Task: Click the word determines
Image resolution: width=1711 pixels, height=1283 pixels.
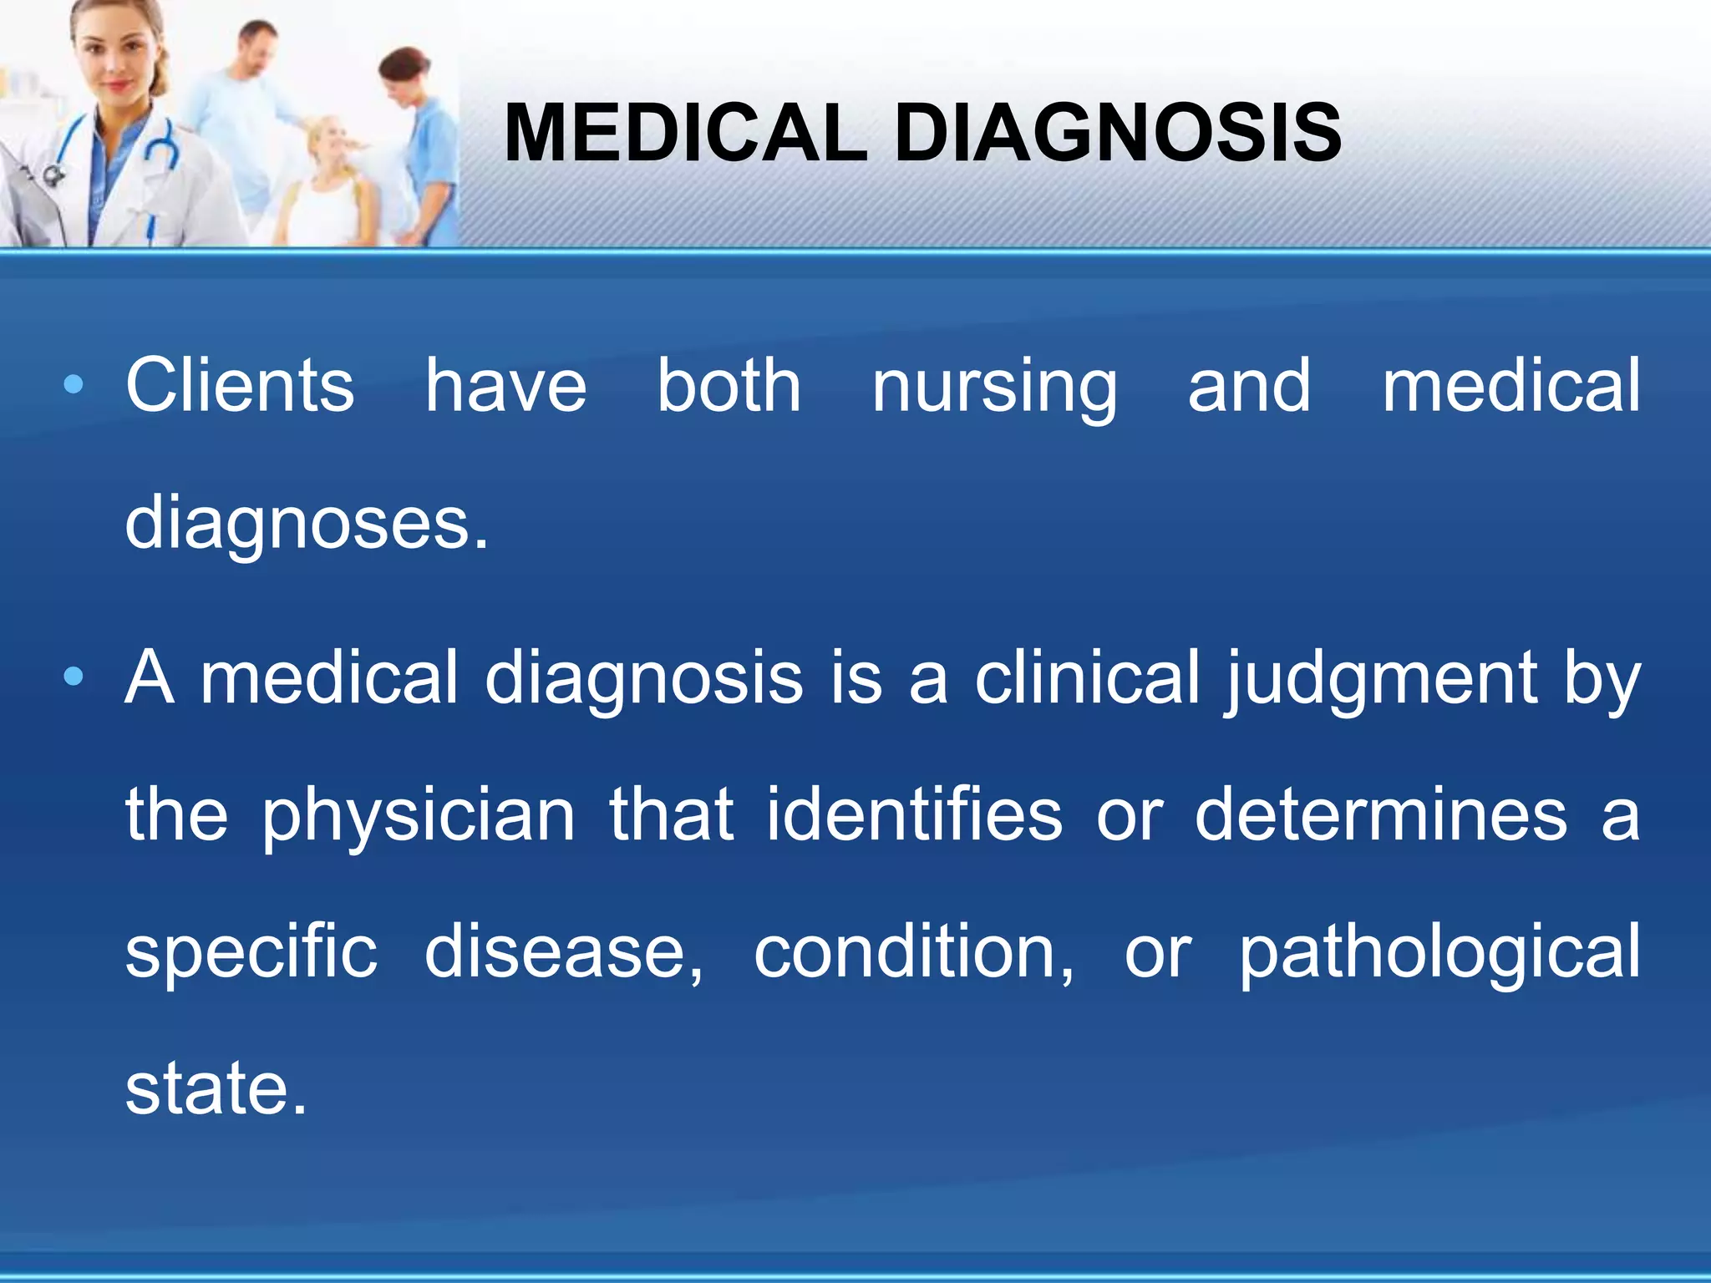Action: (x=1381, y=815)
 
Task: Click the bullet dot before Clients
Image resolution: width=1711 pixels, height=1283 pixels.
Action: (x=74, y=385)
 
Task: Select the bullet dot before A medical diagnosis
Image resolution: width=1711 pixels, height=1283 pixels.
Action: (x=74, y=677)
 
